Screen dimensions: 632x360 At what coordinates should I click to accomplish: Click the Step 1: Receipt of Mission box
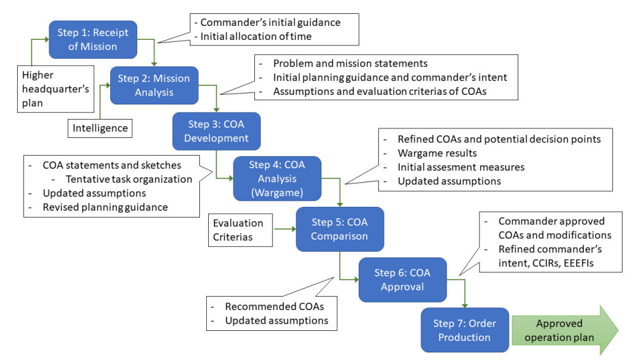(x=93, y=39)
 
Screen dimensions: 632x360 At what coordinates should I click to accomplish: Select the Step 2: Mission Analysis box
(x=154, y=85)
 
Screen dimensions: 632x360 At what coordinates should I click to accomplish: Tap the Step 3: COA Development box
(x=216, y=131)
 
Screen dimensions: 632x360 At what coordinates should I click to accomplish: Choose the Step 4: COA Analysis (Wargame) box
(x=277, y=178)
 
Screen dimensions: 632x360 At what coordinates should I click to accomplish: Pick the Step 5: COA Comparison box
(x=340, y=229)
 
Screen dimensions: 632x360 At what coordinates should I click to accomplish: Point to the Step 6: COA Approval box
(x=402, y=280)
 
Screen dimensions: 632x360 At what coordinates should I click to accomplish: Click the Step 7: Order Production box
(x=465, y=330)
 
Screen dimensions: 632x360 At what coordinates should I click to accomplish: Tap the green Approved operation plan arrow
(x=565, y=330)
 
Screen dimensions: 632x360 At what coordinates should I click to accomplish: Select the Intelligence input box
(x=100, y=128)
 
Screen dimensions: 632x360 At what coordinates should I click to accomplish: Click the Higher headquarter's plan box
(x=56, y=89)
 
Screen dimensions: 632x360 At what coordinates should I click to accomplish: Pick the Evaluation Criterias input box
(x=240, y=230)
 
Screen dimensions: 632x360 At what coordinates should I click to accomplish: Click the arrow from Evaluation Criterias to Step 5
(x=285, y=229)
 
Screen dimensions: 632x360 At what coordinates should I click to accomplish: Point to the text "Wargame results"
(x=437, y=153)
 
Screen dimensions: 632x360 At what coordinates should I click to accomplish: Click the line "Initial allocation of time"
(x=256, y=36)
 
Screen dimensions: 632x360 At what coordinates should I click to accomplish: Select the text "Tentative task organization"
(x=129, y=179)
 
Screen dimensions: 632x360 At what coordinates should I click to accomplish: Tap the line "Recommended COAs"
(x=275, y=306)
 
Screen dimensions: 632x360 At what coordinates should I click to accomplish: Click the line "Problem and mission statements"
(x=350, y=63)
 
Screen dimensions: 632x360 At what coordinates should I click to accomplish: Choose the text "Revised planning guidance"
(x=105, y=208)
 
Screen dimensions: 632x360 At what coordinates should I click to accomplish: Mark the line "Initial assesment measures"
(x=461, y=167)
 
